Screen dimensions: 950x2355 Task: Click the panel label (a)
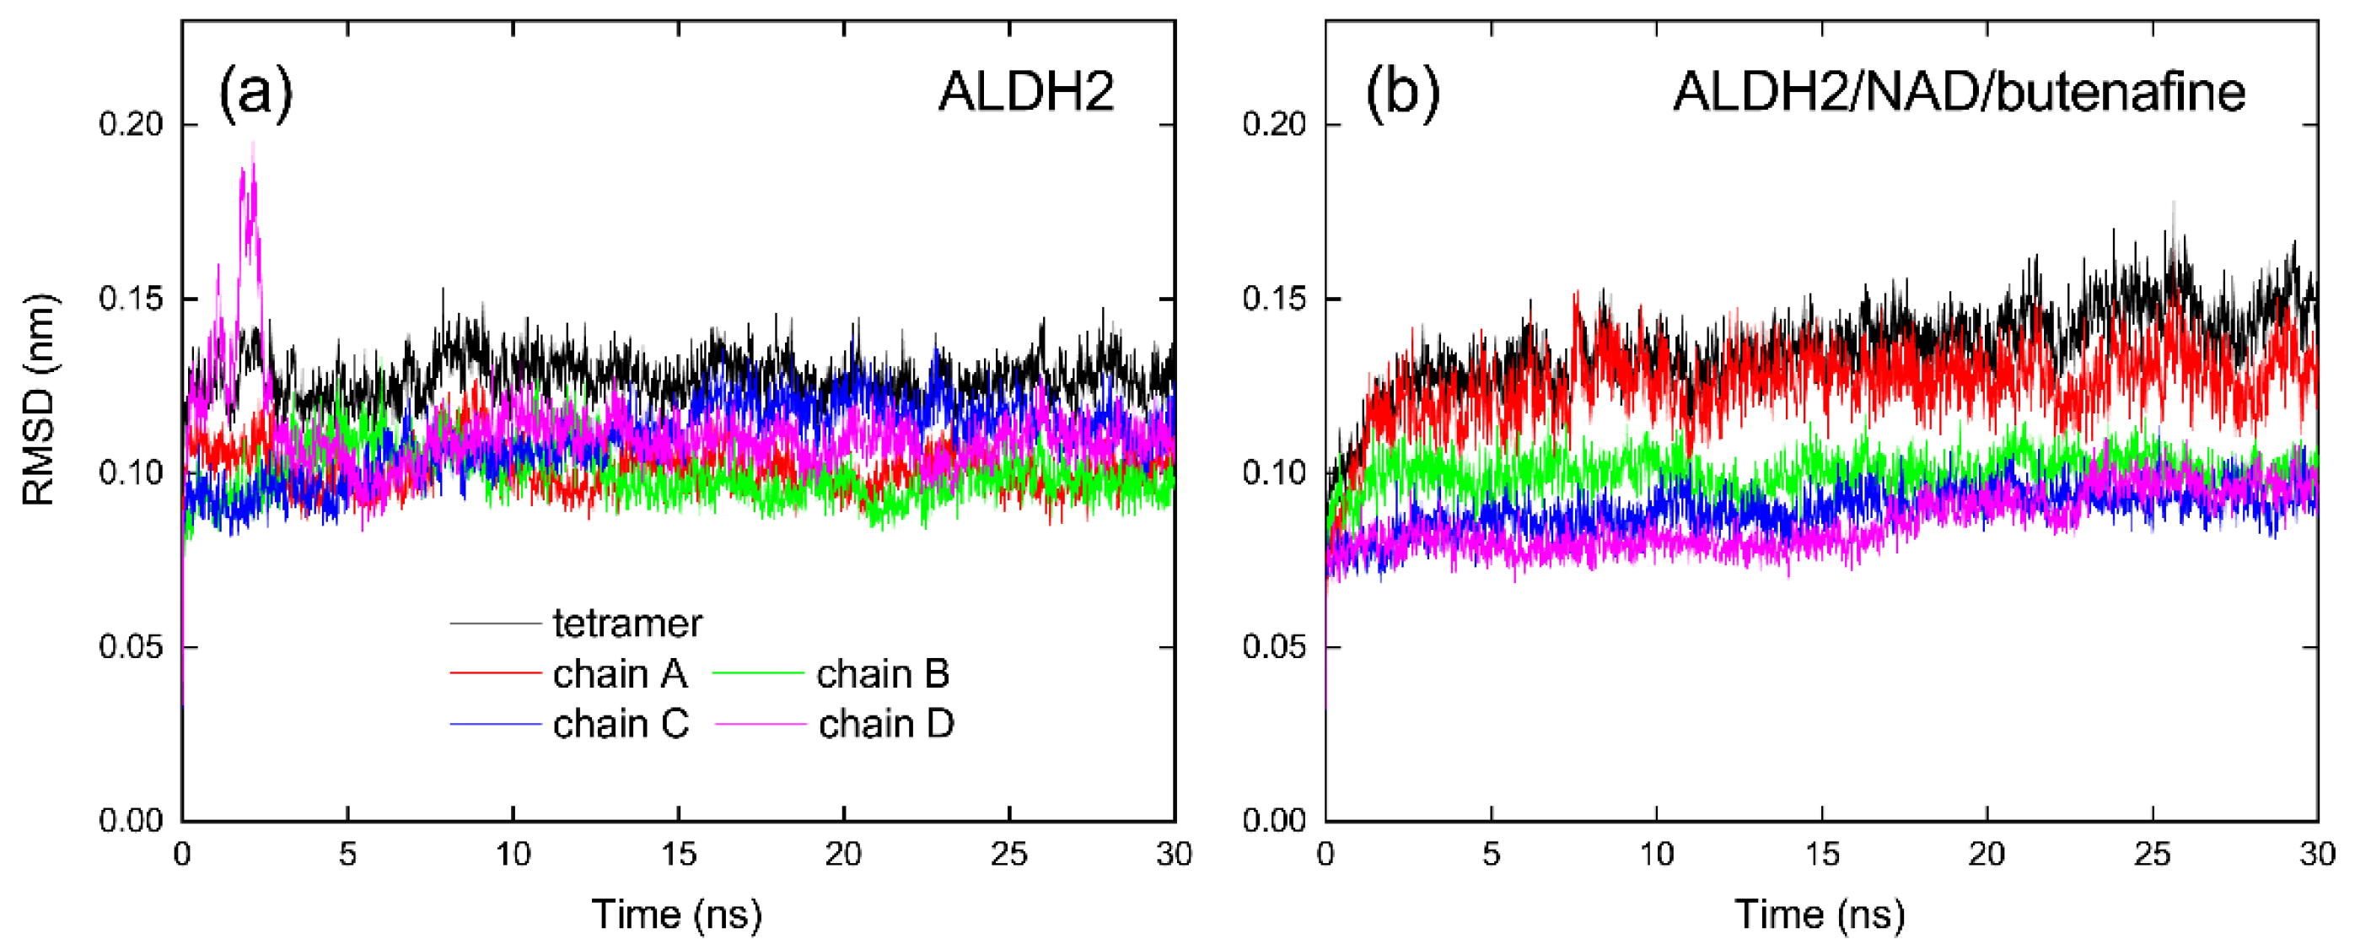[x=255, y=92]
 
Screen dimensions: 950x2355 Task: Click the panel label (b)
[x=1401, y=92]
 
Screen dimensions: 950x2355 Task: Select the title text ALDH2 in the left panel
[x=1026, y=92]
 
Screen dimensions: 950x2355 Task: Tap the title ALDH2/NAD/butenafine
[x=1958, y=92]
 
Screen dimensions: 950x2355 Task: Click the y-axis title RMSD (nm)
[x=39, y=400]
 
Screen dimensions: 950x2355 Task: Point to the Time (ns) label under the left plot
[x=676, y=914]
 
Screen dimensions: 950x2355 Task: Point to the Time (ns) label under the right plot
[x=1820, y=914]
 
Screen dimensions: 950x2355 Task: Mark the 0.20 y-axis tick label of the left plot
[x=131, y=124]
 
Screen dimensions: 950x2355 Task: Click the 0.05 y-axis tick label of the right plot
[x=1274, y=646]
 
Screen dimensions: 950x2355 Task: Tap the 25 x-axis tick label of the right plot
[x=2152, y=854]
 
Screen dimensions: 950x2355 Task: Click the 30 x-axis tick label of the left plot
[x=1174, y=854]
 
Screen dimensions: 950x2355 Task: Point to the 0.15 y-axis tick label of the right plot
[x=1274, y=299]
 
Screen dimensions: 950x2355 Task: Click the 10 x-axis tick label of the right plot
[x=1656, y=854]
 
